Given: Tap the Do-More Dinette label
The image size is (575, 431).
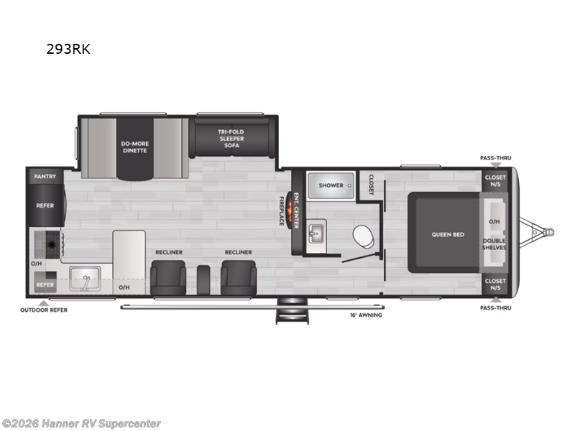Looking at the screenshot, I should click(x=134, y=147).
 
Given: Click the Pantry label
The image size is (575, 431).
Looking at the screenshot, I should click(x=45, y=176).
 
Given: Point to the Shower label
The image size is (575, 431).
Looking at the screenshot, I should click(x=331, y=185).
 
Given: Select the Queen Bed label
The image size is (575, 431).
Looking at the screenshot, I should click(x=447, y=234).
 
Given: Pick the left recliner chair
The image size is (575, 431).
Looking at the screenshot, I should click(x=167, y=276).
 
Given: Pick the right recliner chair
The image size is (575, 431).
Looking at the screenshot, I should click(x=237, y=276).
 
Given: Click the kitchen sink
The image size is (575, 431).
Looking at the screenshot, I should click(x=86, y=278).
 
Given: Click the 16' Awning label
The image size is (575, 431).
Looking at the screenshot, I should click(x=366, y=315).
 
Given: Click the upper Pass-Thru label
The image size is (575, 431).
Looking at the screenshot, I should click(x=495, y=158).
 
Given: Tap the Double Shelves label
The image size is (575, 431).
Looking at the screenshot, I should click(x=494, y=244).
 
